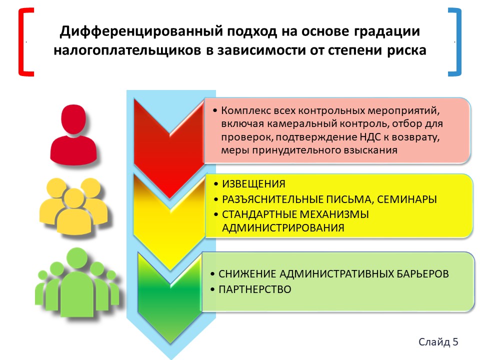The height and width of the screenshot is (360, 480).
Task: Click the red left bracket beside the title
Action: click(x=21, y=42)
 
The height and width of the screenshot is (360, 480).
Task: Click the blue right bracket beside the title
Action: click(x=458, y=42)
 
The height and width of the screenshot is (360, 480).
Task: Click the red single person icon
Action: click(x=73, y=134)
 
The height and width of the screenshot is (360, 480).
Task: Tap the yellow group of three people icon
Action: click(x=73, y=206)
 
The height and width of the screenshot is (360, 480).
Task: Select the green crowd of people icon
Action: click(x=77, y=282)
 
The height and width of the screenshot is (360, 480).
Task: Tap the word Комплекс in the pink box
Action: click(x=246, y=110)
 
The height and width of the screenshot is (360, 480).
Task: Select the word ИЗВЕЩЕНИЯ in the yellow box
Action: click(x=254, y=184)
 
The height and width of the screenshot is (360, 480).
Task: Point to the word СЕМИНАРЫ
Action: click(x=407, y=199)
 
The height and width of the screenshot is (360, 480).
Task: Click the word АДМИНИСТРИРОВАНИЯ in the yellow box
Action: click(x=283, y=228)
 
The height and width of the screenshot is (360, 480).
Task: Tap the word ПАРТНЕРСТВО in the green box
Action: click(x=254, y=289)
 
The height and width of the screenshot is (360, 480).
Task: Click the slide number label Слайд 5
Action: click(x=438, y=341)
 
